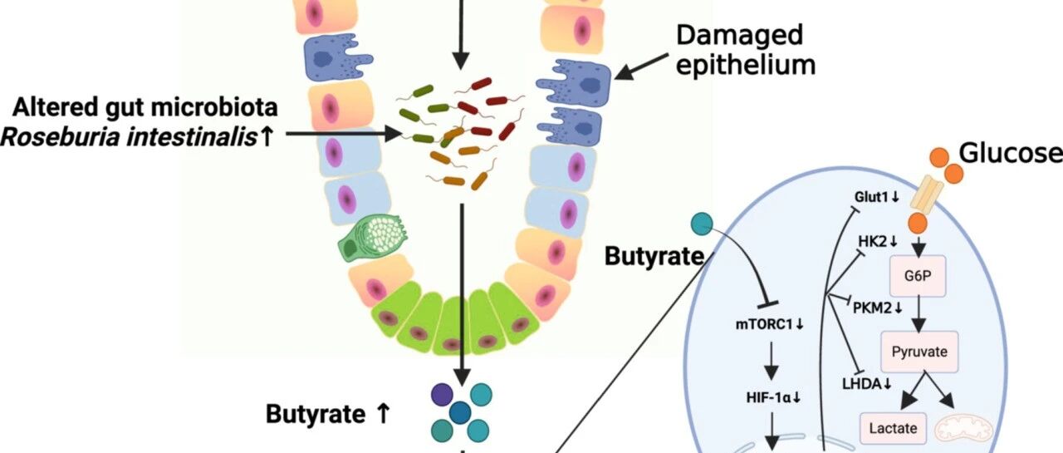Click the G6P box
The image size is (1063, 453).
918,276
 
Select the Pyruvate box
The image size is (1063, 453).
919,352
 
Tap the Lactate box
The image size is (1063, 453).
893,428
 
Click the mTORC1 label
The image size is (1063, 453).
770,324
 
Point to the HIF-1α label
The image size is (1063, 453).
773,397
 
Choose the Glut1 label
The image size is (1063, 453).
877,197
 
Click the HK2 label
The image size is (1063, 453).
878,241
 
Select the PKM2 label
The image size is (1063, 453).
878,308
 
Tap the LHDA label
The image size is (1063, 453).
866,384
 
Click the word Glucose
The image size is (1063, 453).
1011,154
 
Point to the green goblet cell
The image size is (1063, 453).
371,238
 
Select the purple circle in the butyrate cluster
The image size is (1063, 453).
442,395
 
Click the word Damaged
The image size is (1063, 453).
739,35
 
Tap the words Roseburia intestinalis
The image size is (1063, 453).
129,138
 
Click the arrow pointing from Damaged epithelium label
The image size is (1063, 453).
641,67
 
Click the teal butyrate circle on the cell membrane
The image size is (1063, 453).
703,224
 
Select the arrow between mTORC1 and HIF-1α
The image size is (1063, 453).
772,361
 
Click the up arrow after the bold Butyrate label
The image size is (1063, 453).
383,414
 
